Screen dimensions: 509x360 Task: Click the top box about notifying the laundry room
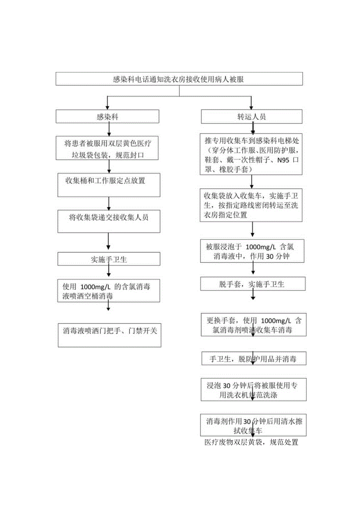(x=179, y=79)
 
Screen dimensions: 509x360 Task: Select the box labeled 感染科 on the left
(x=107, y=117)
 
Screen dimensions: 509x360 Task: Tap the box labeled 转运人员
(x=252, y=117)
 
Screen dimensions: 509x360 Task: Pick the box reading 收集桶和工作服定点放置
(x=108, y=185)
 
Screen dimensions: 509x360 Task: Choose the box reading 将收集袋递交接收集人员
(x=108, y=221)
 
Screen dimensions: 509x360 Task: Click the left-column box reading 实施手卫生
(x=108, y=259)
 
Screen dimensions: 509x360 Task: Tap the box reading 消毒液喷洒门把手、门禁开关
(x=109, y=335)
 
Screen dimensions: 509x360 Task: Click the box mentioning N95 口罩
(x=252, y=155)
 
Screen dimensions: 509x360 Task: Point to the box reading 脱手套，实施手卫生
(x=252, y=284)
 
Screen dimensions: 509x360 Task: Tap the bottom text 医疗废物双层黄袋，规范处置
(x=252, y=442)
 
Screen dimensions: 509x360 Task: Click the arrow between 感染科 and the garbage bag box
(x=108, y=129)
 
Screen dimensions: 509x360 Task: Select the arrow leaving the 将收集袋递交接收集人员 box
(x=108, y=243)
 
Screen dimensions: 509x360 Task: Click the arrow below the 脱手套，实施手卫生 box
(x=253, y=295)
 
